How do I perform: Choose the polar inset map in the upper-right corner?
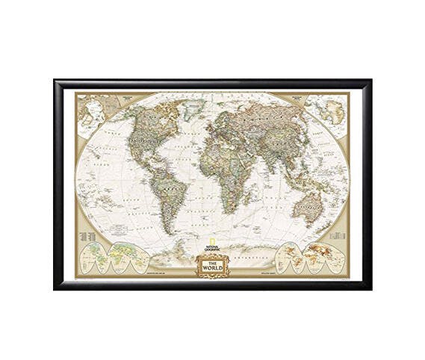point(329,111)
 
